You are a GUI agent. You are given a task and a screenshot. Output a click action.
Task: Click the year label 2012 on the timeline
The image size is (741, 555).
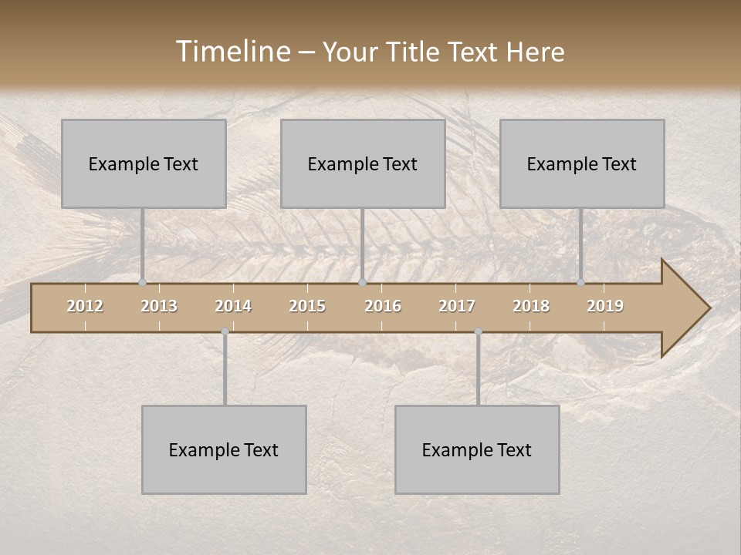[x=85, y=306]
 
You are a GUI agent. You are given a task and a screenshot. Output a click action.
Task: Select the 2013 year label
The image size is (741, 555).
[x=159, y=306]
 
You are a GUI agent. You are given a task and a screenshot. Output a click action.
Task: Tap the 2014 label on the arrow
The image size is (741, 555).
[x=233, y=306]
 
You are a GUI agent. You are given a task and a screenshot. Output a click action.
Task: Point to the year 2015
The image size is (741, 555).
[x=307, y=306]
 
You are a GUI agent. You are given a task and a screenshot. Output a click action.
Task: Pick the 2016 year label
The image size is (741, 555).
[x=383, y=306]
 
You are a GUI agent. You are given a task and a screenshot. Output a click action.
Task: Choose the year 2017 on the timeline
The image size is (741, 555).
[x=457, y=306]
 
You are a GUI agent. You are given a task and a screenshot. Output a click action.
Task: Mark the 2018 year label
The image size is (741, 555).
[x=531, y=306]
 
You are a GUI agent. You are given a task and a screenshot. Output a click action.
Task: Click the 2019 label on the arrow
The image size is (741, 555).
[x=605, y=306]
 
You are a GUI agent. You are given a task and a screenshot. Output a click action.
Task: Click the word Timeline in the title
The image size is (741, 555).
[x=232, y=52]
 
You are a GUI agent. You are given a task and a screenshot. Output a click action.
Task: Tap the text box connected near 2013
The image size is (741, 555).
[x=144, y=163]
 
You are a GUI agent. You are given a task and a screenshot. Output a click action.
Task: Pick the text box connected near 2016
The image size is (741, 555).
[x=363, y=163]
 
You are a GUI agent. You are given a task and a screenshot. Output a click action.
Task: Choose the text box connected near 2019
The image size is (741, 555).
[x=582, y=163]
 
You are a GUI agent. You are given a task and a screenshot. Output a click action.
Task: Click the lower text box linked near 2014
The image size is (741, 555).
[x=224, y=449]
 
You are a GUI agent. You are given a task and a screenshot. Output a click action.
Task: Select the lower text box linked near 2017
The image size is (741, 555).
[x=477, y=449]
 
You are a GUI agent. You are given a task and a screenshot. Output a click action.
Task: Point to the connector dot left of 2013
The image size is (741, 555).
[x=142, y=283]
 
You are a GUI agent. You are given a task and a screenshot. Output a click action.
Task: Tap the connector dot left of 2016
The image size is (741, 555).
[x=363, y=283]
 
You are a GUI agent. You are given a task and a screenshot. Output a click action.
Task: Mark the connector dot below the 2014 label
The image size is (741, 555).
[x=225, y=331]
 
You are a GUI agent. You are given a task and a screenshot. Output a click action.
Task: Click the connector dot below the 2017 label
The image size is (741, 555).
[x=479, y=331]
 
